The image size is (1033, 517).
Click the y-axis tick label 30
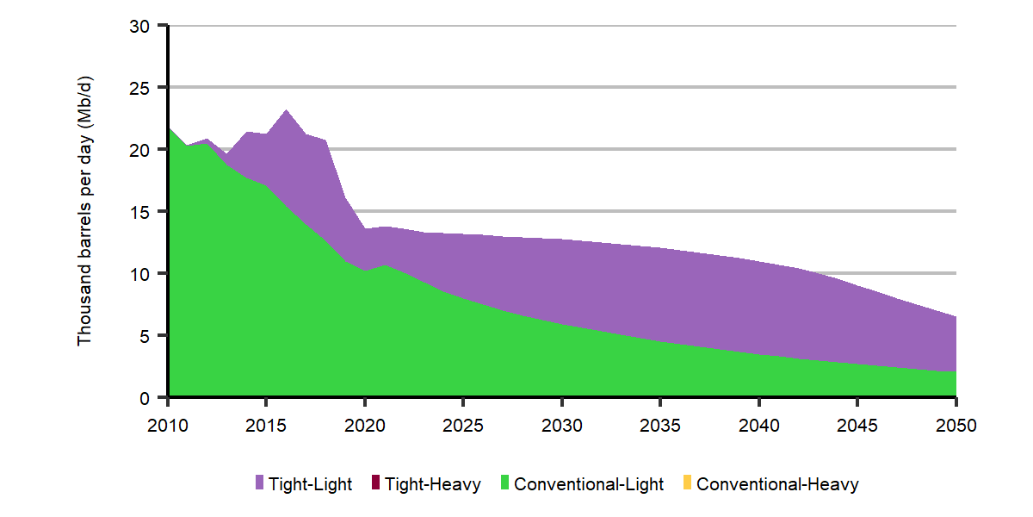point(139,27)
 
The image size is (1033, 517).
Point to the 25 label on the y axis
point(139,88)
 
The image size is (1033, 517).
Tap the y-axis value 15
point(139,212)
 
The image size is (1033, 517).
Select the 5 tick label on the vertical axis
point(145,337)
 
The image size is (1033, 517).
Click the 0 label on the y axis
point(145,398)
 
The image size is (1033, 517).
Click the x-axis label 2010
point(168,425)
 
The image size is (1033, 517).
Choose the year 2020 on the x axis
point(365,425)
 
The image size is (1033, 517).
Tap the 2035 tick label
point(660,425)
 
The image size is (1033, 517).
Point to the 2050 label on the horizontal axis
point(956,425)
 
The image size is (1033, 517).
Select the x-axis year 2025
point(463,425)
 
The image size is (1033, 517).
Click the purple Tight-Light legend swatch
point(259,483)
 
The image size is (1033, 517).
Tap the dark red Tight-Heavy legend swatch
point(375,483)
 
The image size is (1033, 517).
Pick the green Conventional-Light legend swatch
point(504,483)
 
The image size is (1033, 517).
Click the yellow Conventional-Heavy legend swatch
point(687,483)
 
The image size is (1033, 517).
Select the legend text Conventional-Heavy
point(777,484)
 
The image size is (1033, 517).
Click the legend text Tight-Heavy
point(432,484)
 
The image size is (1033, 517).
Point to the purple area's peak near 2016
point(286,110)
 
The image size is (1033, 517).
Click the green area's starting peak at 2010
point(170,128)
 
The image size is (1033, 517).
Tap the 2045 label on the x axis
point(857,425)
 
